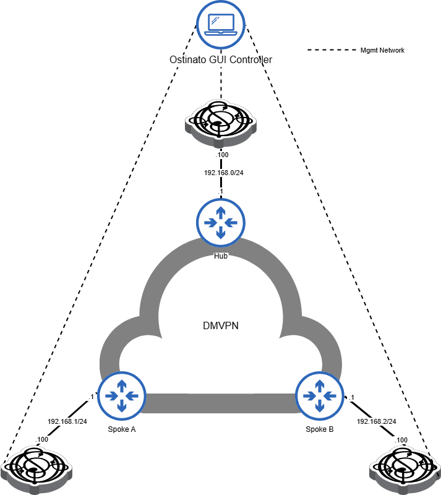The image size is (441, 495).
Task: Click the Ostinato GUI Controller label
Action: tap(221, 60)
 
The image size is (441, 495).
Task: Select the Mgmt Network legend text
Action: tap(382, 50)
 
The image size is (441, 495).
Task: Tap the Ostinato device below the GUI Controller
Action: tap(221, 121)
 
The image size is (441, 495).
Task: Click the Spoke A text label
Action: tap(121, 429)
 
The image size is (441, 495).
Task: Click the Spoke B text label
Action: tap(320, 429)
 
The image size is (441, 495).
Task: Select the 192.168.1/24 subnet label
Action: tap(67, 421)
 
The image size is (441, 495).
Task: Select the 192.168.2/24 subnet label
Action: tap(376, 421)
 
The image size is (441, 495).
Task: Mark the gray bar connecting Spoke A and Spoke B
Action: tap(221, 403)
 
